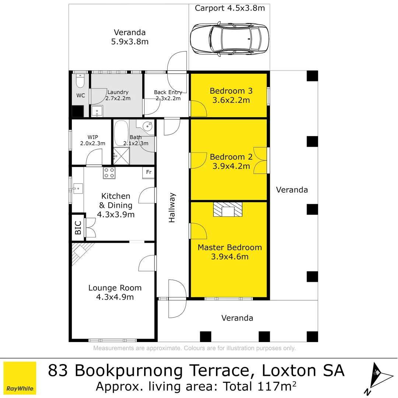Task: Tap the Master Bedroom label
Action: pos(230,248)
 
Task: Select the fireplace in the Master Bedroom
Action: pos(228,210)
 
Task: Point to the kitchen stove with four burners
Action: pos(109,173)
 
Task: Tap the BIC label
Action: pos(78,228)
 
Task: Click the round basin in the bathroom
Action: pos(148,126)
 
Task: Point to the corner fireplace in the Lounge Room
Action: pos(80,252)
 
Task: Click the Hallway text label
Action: pos(172,208)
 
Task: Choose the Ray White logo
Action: pos(20,378)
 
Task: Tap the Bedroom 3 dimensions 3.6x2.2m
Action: pos(231,100)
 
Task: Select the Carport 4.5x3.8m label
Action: pos(230,8)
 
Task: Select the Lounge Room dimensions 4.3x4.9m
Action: pos(115,297)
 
